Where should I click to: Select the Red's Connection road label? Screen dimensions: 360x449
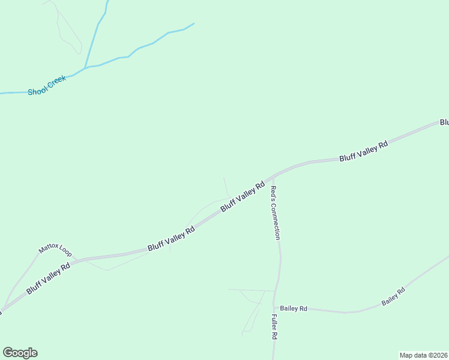[x=274, y=212]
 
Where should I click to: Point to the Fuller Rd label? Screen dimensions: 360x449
[x=274, y=327]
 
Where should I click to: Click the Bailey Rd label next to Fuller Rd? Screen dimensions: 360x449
[x=294, y=308]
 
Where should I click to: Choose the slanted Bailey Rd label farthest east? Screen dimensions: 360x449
[x=393, y=296]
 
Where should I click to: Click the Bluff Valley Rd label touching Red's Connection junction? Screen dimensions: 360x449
[x=243, y=197]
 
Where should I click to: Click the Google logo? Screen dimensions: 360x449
[x=20, y=353]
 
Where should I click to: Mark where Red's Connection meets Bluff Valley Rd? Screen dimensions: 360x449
[x=274, y=176]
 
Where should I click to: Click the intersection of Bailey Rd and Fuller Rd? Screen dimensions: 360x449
[x=274, y=308]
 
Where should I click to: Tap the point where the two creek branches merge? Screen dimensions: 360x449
[x=85, y=67]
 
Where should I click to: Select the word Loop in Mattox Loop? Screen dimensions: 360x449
[x=65, y=252]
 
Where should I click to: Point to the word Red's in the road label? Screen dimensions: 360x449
[x=273, y=193]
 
